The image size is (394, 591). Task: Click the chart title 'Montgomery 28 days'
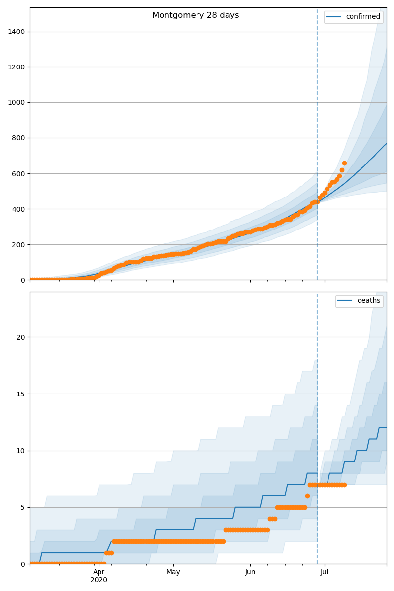point(196,15)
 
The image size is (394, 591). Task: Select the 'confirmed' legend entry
point(362,17)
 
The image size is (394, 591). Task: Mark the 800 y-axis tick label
point(18,138)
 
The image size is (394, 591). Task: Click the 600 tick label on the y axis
point(18,173)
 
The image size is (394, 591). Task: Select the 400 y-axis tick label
point(18,209)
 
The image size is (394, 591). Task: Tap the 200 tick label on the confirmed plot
point(18,244)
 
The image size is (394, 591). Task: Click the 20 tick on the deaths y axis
point(20,337)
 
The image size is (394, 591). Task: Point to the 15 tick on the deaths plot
point(20,394)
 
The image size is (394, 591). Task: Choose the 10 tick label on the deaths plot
point(20,451)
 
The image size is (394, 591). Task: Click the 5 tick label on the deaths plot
point(22,507)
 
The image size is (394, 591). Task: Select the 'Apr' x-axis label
point(99,572)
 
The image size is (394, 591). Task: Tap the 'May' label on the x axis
point(173,572)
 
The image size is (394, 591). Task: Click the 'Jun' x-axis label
point(250,572)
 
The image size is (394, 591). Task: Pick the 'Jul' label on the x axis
point(325,572)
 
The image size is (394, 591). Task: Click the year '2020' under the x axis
point(99,580)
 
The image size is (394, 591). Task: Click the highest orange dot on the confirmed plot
point(344,163)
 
